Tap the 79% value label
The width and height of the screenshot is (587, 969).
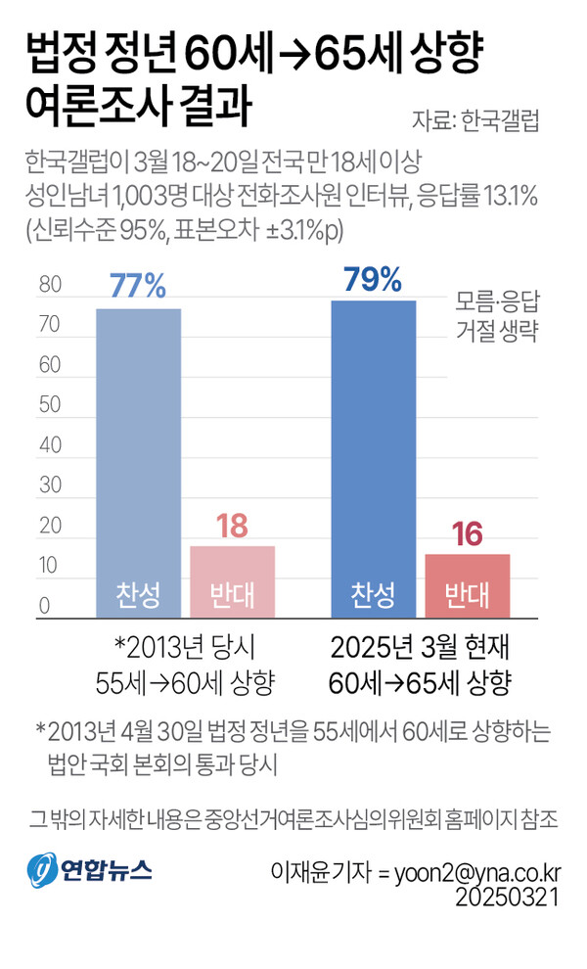pyautogui.click(x=373, y=279)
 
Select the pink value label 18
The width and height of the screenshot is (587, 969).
pyautogui.click(x=232, y=526)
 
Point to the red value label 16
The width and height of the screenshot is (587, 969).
pyautogui.click(x=467, y=534)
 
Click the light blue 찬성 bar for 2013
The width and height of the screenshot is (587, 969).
pyautogui.click(x=137, y=460)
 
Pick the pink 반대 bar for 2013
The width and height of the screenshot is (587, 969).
pyautogui.click(x=232, y=581)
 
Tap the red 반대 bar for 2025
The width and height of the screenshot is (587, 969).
pyautogui.click(x=467, y=585)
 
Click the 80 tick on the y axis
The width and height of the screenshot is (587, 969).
pyautogui.click(x=49, y=285)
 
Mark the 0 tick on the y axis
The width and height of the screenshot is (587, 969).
pyautogui.click(x=44, y=606)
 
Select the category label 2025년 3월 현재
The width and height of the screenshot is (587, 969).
pyautogui.click(x=421, y=648)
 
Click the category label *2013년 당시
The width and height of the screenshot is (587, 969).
pyautogui.click(x=182, y=648)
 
